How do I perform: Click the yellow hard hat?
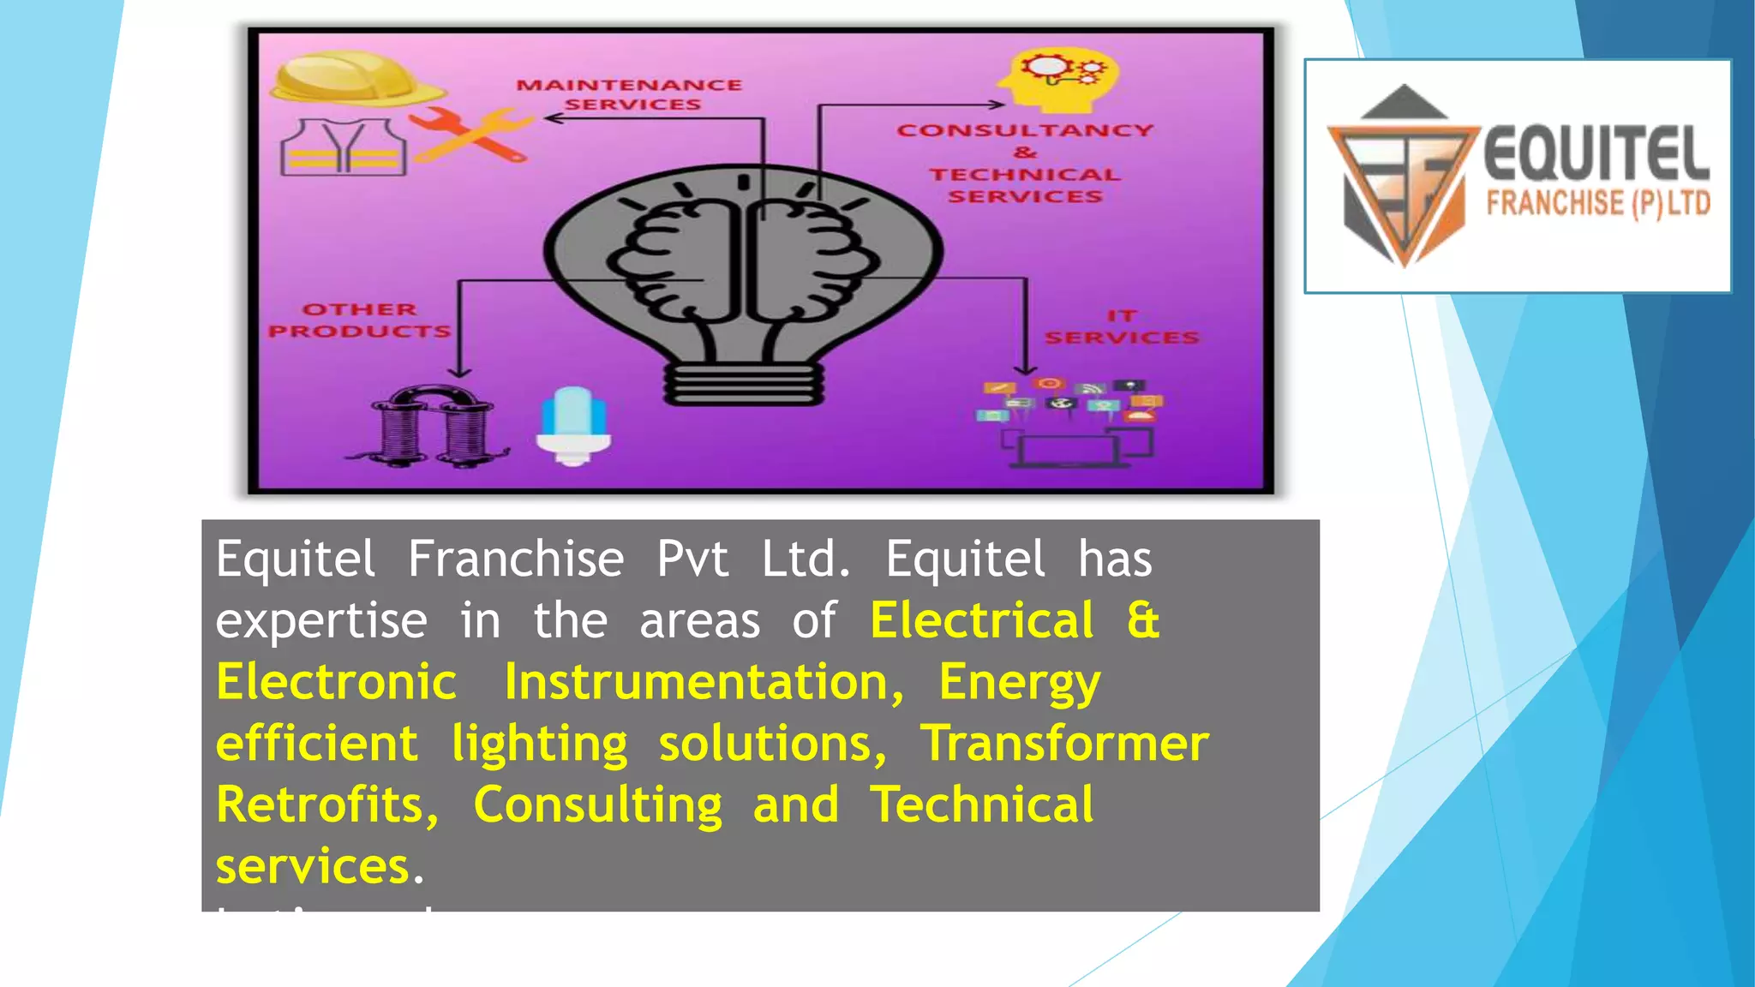coord(356,79)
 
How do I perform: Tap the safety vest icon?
coord(344,147)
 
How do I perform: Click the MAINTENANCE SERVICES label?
coord(630,94)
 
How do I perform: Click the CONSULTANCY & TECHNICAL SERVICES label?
coord(1025,163)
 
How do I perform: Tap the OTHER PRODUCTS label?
coord(359,320)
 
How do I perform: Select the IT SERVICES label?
coord(1121,327)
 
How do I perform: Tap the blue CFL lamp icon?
coord(573,425)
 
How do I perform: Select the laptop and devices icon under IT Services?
coord(1071,424)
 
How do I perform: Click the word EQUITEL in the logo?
coord(1596,155)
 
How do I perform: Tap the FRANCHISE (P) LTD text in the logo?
coord(1598,204)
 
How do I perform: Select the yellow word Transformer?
coord(1064,743)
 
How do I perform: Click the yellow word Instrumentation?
coord(704,682)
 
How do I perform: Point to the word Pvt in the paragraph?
coord(692,559)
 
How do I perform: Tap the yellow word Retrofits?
coord(326,805)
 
